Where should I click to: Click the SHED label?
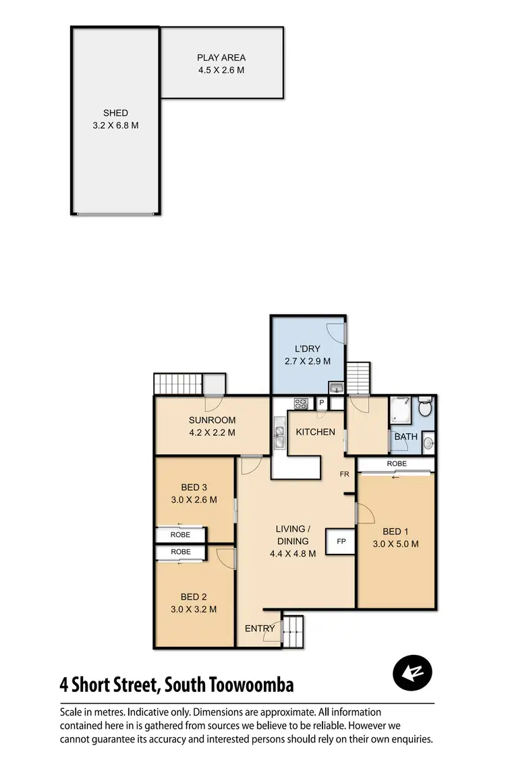pos(115,113)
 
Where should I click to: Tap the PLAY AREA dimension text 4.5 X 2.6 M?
pos(221,70)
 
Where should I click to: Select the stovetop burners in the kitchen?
pos(301,404)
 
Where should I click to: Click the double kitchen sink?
pos(280,433)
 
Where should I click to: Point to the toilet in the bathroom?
pos(426,408)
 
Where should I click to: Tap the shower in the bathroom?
pos(401,410)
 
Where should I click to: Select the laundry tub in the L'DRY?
pos(335,387)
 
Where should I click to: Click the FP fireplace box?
pos(341,542)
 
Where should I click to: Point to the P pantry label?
pos(322,404)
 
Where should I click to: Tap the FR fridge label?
pos(344,474)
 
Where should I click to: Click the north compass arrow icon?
pos(412,672)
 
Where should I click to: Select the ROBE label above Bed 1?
pos(397,464)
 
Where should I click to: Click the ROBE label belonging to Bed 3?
pos(180,535)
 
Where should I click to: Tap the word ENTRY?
pos(260,629)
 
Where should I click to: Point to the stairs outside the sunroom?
pos(178,383)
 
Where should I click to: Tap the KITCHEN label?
pos(315,431)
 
